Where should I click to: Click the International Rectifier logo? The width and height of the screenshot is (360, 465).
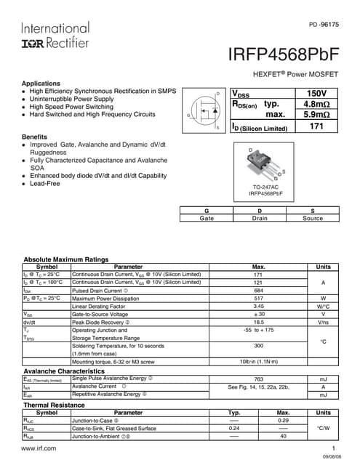pyautogui.click(x=55, y=35)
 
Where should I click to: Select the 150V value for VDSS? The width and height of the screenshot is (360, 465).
pyautogui.click(x=316, y=94)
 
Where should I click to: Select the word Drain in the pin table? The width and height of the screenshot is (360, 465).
pyautogui.click(x=260, y=218)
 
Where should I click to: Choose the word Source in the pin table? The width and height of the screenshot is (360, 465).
pyautogui.click(x=313, y=218)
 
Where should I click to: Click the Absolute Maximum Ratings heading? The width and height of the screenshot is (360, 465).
pyautogui.click(x=67, y=259)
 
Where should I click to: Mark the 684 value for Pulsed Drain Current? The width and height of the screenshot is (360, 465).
pyautogui.click(x=257, y=291)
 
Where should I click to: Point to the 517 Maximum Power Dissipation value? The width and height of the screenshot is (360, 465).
pyautogui.click(x=257, y=299)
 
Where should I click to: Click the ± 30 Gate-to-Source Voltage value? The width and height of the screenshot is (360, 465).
pyautogui.click(x=257, y=314)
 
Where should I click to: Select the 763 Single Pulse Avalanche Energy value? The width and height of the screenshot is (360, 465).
pyautogui.click(x=257, y=379)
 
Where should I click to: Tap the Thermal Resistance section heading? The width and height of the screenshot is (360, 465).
pyautogui.click(x=56, y=405)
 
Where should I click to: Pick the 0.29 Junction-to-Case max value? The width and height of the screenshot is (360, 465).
pyautogui.click(x=284, y=421)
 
